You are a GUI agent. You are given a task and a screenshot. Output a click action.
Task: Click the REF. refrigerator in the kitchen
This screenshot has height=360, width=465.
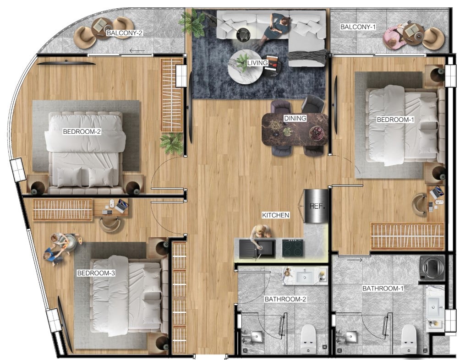click(x=316, y=206)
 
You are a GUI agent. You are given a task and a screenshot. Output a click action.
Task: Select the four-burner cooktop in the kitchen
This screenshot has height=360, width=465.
click(x=293, y=248)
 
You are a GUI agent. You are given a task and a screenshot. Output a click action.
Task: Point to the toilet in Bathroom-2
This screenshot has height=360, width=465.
click(x=308, y=338)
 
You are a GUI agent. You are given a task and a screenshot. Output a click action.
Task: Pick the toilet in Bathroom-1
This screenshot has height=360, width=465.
click(x=409, y=338)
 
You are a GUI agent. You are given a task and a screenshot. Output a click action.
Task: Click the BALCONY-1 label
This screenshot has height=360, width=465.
click(x=358, y=27)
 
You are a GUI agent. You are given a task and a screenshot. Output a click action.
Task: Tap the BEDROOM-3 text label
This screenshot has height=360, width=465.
click(x=96, y=273)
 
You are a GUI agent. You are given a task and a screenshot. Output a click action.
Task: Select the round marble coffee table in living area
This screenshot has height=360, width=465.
click(x=245, y=67)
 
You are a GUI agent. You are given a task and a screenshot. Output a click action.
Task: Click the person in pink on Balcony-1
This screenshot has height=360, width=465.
click(x=394, y=37)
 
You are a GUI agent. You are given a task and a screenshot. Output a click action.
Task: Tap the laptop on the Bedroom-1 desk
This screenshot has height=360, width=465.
click(x=436, y=192)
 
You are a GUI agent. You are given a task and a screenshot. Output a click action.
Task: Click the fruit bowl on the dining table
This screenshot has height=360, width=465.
click(x=317, y=133)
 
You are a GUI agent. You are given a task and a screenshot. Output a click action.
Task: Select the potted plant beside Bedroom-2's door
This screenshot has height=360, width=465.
click(x=171, y=143)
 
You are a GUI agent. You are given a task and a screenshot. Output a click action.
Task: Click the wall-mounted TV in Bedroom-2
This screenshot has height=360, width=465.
click(x=66, y=62)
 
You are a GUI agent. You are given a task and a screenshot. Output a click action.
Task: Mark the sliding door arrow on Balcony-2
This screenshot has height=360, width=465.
click(x=137, y=51)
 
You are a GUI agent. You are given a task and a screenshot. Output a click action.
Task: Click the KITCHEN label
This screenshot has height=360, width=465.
click(x=275, y=215)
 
